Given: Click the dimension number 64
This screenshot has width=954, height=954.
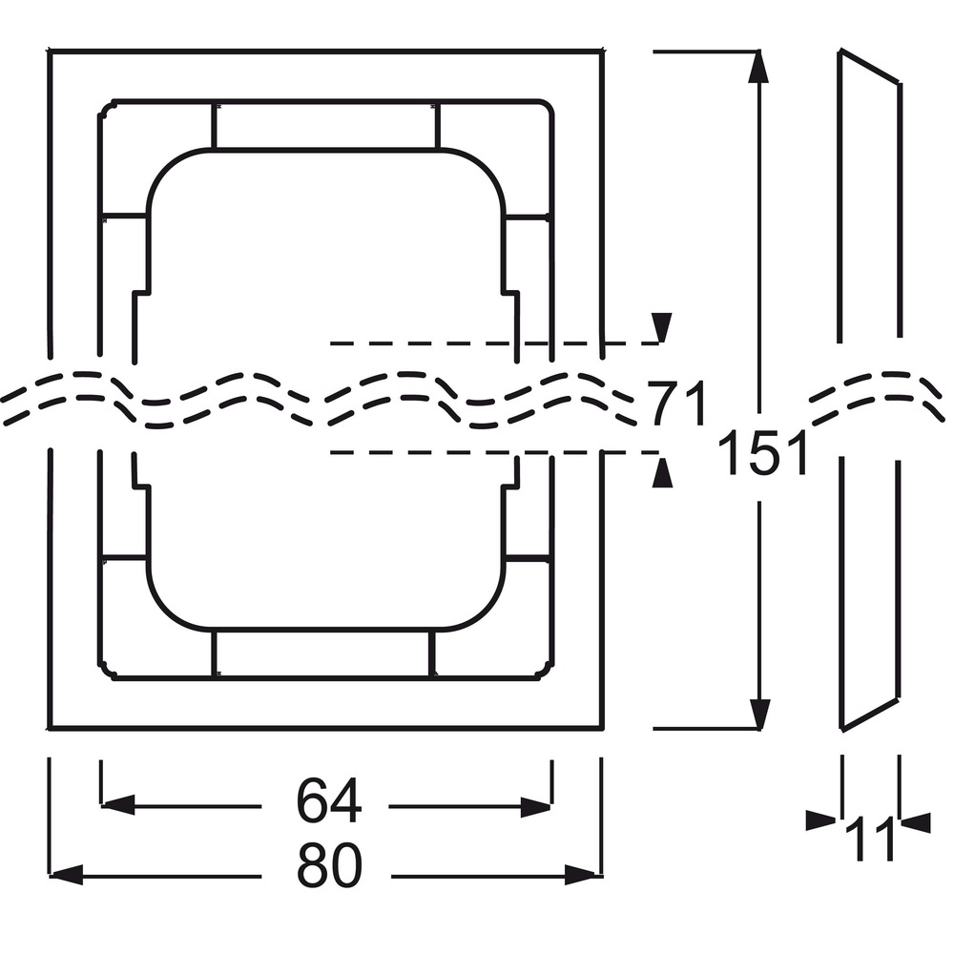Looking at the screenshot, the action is tap(329, 799).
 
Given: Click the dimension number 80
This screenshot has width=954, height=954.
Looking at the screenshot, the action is tap(329, 864).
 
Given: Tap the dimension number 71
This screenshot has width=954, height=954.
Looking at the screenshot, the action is tap(676, 403).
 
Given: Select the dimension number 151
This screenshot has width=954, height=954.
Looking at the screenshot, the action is tap(762, 452).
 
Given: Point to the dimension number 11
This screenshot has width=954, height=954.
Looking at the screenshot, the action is tap(871, 839).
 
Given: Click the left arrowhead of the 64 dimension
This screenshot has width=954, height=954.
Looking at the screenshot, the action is tap(117, 806).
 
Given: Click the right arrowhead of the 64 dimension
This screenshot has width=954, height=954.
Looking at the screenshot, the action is tap(536, 807).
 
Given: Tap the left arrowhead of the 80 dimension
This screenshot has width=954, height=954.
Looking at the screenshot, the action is tap(66, 876).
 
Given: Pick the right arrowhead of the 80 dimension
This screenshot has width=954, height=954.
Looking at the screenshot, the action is tap(581, 876).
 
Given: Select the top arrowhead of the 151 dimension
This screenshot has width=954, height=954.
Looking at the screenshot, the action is tap(757, 67).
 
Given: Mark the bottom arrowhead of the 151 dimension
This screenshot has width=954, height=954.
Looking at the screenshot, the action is tap(759, 715).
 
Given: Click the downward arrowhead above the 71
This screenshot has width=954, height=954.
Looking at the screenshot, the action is tap(662, 327).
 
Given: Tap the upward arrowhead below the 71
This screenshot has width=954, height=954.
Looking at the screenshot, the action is tap(662, 473).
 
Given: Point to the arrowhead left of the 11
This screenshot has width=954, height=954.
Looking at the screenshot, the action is tap(820, 820).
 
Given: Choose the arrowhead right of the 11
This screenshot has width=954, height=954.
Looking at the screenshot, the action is tap(915, 822).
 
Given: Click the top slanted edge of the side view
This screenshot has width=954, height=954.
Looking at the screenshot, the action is tap(869, 65).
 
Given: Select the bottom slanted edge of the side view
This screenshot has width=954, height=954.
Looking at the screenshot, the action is tap(870, 715).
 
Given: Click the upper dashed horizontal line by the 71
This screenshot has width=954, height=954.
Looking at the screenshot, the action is tap(494, 343).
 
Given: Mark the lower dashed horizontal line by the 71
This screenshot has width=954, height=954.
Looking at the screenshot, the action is tap(494, 452).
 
